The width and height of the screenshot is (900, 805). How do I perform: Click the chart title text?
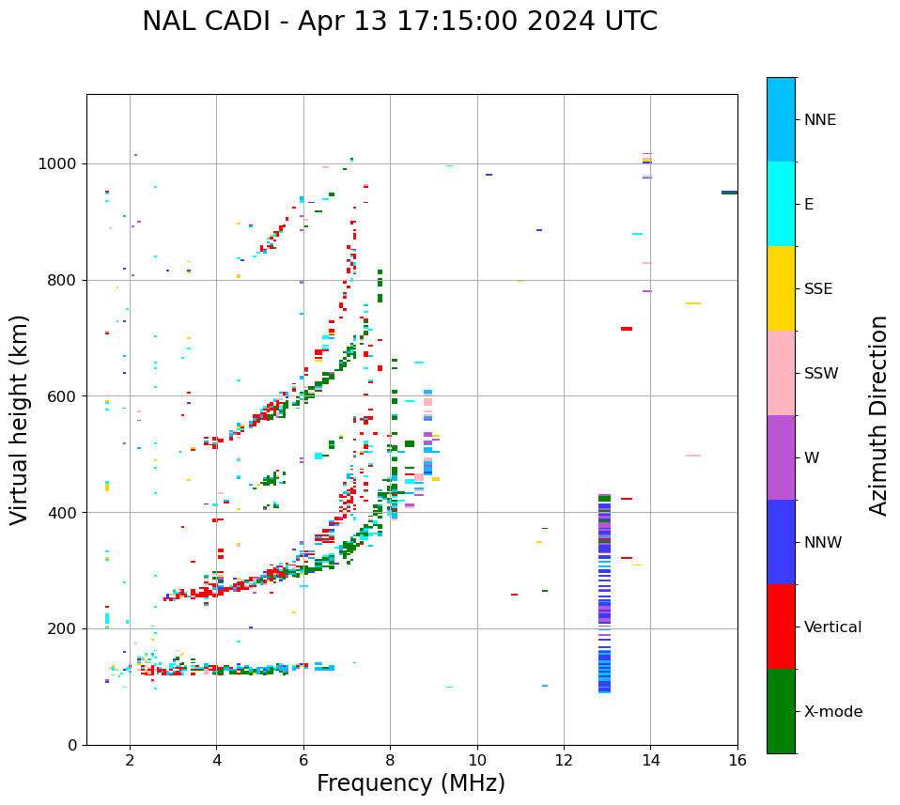click(399, 22)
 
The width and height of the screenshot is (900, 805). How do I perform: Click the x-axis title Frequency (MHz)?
click(411, 783)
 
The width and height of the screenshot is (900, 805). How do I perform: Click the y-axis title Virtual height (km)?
click(20, 420)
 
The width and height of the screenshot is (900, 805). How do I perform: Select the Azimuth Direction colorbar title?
click(878, 415)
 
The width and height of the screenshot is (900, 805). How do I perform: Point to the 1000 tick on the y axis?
click(61, 163)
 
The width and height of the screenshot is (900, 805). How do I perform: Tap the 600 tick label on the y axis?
click(65, 396)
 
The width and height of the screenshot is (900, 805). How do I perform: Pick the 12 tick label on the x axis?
click(564, 760)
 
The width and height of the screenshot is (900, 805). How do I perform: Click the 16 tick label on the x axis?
click(737, 760)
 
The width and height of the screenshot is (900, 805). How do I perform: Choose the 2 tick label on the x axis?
click(130, 760)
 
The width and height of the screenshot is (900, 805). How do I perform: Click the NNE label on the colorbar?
click(819, 120)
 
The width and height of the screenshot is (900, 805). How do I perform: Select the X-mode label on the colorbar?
click(832, 712)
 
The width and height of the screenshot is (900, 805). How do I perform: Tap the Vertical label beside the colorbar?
click(832, 627)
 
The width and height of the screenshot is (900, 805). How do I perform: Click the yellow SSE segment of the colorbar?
click(781, 288)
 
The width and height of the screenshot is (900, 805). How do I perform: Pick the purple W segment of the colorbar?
click(781, 457)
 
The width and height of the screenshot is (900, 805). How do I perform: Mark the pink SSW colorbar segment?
click(781, 373)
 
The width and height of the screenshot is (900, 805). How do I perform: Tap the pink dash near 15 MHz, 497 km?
click(693, 456)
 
